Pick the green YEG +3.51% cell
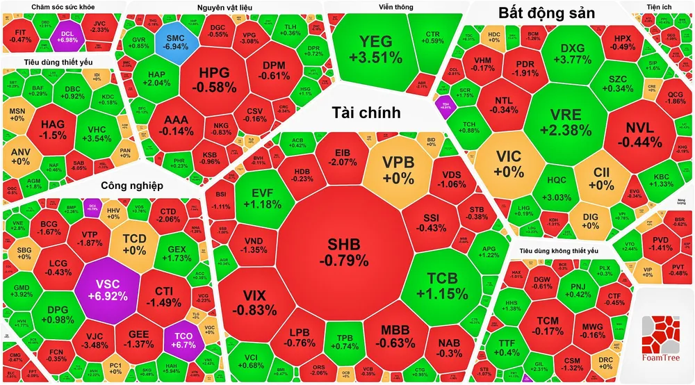click(x=375, y=49)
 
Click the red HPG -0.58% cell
click(x=218, y=79)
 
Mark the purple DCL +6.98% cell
click(x=67, y=36)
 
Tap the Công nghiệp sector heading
click(x=131, y=186)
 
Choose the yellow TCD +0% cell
click(x=134, y=243)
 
